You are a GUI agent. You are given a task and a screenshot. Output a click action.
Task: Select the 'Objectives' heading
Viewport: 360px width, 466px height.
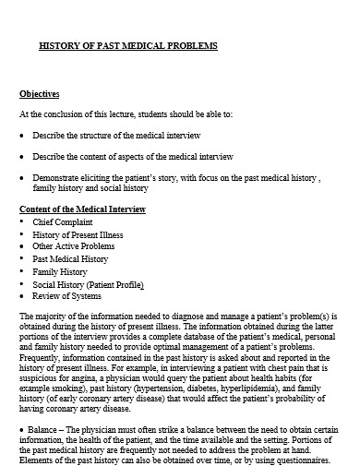40,93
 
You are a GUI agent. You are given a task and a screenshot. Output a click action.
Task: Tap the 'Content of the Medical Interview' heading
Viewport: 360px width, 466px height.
82,210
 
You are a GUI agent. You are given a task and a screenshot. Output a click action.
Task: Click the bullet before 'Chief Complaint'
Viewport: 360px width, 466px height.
22,222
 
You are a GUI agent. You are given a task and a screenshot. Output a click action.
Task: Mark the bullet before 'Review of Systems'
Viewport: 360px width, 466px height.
22,299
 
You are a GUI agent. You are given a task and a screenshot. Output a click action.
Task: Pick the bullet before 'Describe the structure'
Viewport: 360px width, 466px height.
22,135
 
